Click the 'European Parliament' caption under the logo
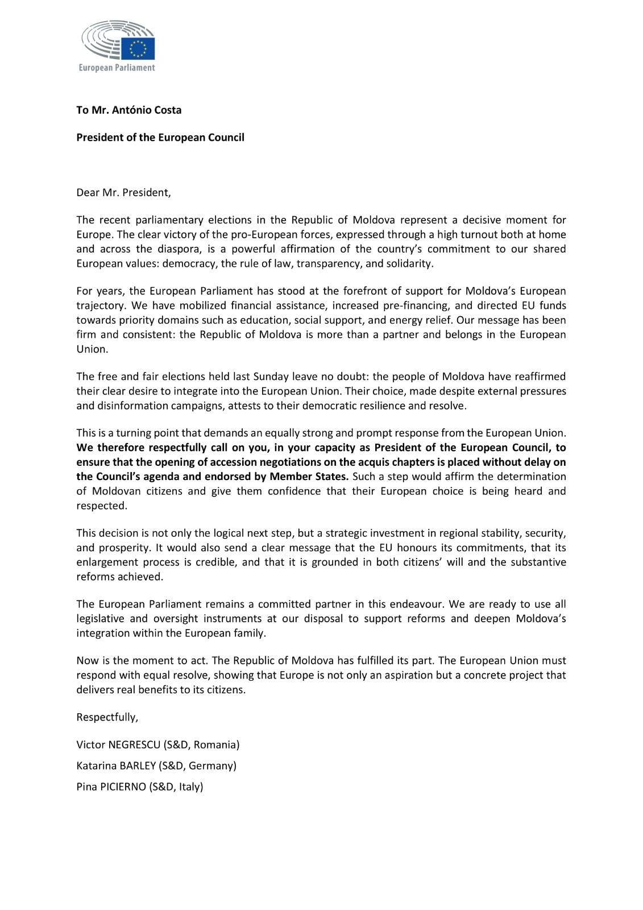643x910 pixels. pyautogui.click(x=117, y=68)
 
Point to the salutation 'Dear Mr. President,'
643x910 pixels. pyautogui.click(x=123, y=192)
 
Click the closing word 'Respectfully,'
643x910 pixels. pyautogui.click(x=107, y=717)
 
